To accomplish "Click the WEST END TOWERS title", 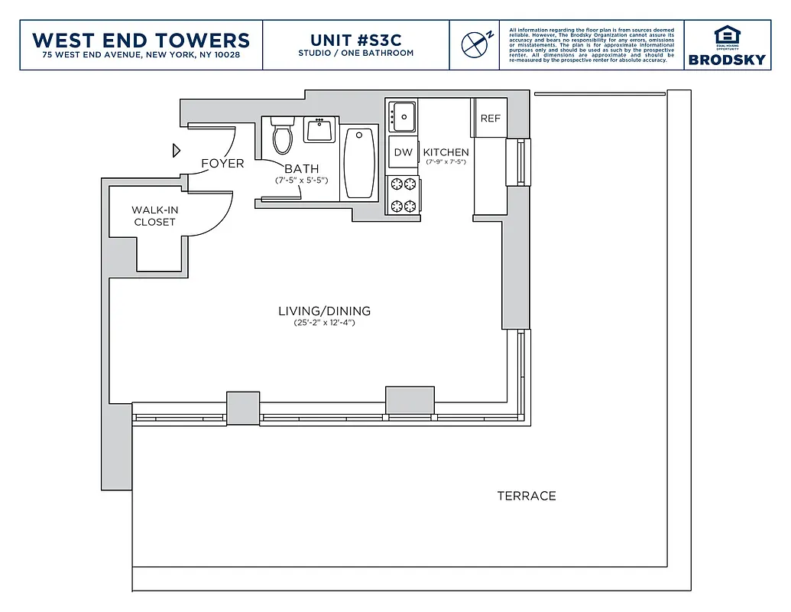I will click(x=141, y=40).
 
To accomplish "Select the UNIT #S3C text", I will click(x=355, y=40).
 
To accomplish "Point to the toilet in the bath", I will click(x=283, y=137).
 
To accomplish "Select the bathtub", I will click(x=359, y=163).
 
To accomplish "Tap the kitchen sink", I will click(x=402, y=116).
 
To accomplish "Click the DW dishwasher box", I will click(x=403, y=152).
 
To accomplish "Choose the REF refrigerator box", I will click(x=490, y=119).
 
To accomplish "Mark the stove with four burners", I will click(x=403, y=194).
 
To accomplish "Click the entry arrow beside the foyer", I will click(x=176, y=150).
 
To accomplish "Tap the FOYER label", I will click(x=222, y=164).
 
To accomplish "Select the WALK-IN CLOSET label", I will click(x=154, y=216).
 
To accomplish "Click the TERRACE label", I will click(x=527, y=496).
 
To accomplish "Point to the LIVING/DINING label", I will click(x=324, y=311).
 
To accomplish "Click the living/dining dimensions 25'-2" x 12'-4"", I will click(x=324, y=324).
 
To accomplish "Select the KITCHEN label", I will click(x=446, y=152).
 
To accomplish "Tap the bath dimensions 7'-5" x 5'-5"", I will click(x=301, y=181).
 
